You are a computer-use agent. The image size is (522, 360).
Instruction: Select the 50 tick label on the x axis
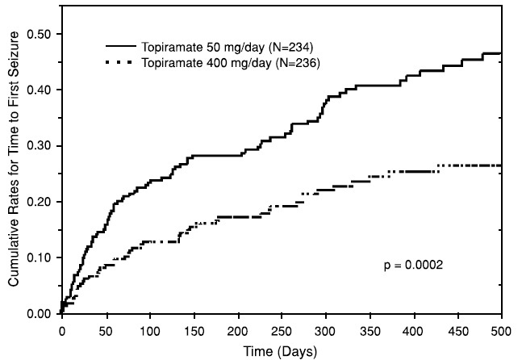tap(106, 330)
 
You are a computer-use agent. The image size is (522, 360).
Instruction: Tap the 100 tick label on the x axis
tap(149, 330)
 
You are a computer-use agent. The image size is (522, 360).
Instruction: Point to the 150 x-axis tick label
tap(194, 330)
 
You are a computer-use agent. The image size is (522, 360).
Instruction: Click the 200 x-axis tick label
tap(237, 330)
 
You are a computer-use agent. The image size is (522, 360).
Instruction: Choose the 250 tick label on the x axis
tap(282, 330)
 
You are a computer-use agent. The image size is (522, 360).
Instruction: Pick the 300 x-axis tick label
tap(325, 330)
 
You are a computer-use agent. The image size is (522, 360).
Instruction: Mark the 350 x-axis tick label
tap(370, 330)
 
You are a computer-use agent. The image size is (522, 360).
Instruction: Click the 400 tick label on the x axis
tap(413, 330)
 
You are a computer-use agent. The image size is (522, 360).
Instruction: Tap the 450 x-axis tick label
tap(457, 330)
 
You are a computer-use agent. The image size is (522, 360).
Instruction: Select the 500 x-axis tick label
tap(501, 330)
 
